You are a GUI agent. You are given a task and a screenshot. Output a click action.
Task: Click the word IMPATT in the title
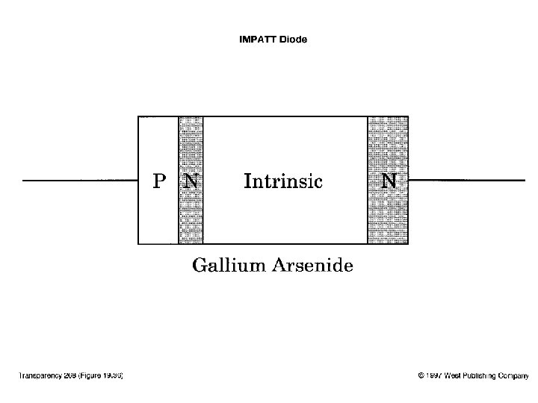[x=257, y=40]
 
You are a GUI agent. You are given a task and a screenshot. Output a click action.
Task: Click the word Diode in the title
[x=293, y=40]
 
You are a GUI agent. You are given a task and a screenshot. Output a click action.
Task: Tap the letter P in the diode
[x=158, y=181]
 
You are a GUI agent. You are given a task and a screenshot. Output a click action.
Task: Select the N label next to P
[x=191, y=181]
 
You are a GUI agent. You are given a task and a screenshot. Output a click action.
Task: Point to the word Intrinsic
[x=283, y=181]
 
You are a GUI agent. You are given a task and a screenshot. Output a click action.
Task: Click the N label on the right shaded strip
[x=389, y=181]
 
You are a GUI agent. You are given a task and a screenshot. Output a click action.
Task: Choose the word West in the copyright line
[x=453, y=375]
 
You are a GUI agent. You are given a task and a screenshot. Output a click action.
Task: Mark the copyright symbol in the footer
[x=421, y=375]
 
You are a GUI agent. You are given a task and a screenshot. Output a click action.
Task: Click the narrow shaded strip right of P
[x=191, y=216]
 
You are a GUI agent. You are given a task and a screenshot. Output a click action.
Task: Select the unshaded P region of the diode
[x=158, y=216]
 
